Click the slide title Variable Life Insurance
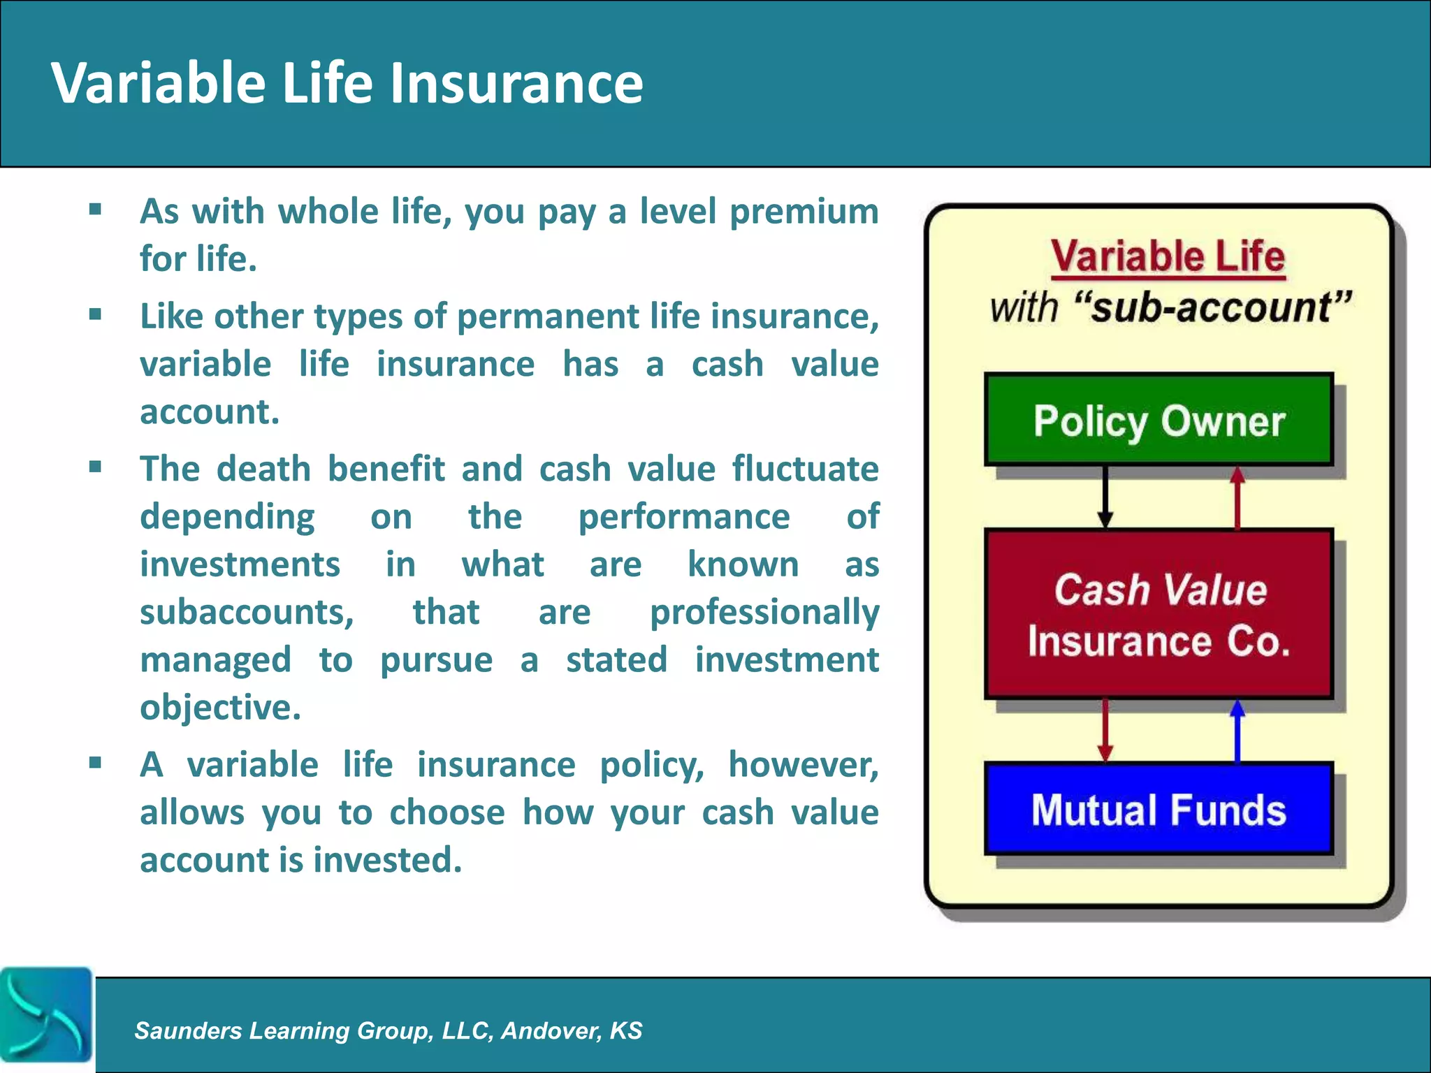[347, 83]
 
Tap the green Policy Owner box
[1158, 420]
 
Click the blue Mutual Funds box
[1158, 809]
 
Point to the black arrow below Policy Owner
[1105, 497]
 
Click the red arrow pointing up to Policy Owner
[1237, 497]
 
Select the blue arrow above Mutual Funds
[1237, 730]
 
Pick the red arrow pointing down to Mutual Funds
[1105, 730]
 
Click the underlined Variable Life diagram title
[1168, 256]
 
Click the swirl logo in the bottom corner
[46, 1014]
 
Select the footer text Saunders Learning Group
[388, 1030]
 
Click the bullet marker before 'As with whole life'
[96, 209]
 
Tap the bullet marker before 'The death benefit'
[96, 467]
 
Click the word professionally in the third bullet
[764, 613]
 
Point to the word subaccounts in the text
[247, 613]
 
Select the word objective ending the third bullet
[220, 708]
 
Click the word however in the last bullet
[803, 764]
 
